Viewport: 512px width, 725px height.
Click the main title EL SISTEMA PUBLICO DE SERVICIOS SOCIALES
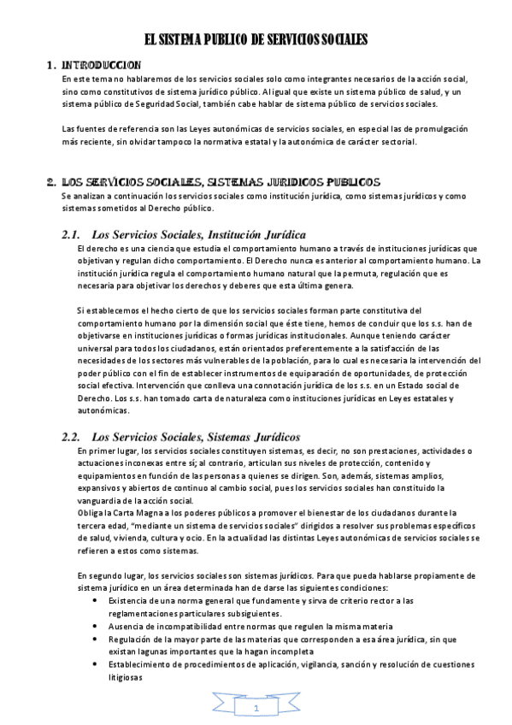(x=256, y=39)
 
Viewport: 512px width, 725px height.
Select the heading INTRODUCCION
(x=102, y=65)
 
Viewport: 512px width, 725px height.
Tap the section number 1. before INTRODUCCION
(x=50, y=65)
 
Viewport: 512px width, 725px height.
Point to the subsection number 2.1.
(x=71, y=234)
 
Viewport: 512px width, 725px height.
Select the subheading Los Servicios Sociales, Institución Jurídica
(x=198, y=234)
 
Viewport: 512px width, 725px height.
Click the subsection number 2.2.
(x=71, y=437)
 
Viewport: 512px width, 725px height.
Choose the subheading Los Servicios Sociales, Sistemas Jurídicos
(x=195, y=437)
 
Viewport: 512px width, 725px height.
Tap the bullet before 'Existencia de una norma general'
(x=93, y=601)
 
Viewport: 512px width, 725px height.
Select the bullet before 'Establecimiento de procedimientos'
(x=93, y=663)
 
